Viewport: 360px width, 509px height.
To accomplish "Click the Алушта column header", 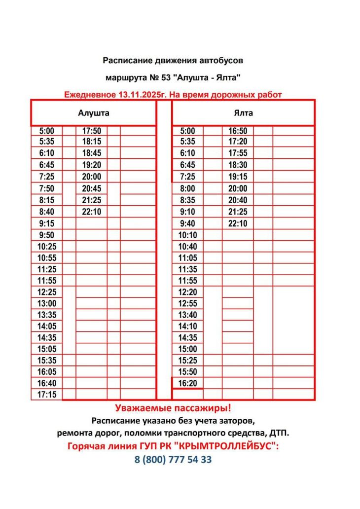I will coord(94,113).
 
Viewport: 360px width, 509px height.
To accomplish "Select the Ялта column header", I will coord(243,113).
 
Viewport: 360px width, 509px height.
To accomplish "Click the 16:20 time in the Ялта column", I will coord(187,383).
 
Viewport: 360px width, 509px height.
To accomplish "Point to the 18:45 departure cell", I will coord(92,153).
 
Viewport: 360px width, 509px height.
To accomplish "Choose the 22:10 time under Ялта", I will coord(238,223).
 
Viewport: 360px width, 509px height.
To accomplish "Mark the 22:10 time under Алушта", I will coord(92,212).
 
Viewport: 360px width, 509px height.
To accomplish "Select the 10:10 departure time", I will coord(187,235).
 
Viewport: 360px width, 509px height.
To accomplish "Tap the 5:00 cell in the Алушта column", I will coord(46,131).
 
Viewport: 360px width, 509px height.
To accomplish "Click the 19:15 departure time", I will coord(238,177).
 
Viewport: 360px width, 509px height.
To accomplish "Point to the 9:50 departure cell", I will coord(46,235).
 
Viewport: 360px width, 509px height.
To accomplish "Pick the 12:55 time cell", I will coord(187,303).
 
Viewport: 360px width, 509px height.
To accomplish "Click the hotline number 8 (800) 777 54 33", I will coord(173,460).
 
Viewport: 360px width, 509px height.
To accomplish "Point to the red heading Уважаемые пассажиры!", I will coord(173,408).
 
